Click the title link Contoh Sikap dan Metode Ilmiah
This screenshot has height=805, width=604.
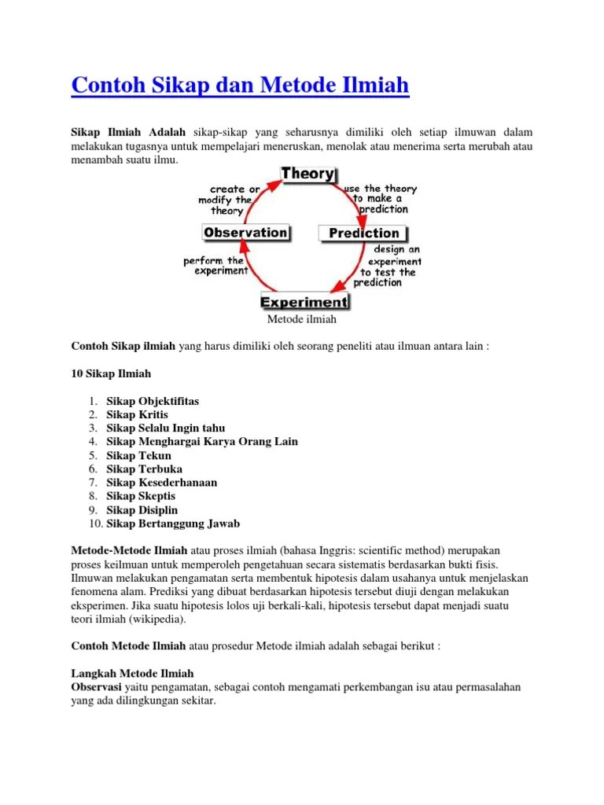[240, 84]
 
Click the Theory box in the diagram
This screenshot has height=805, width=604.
[308, 174]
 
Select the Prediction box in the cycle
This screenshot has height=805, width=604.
[363, 233]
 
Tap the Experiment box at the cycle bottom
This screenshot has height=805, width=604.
[304, 301]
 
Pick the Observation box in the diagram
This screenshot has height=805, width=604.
[245, 233]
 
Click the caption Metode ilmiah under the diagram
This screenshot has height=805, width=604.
[302, 319]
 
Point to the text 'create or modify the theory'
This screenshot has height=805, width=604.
[230, 200]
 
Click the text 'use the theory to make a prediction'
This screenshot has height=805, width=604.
[381, 199]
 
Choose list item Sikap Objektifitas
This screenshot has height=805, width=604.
[153, 401]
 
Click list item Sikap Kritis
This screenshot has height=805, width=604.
[137, 414]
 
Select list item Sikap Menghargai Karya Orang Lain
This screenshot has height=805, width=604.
[202, 442]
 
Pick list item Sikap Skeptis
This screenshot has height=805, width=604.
[141, 496]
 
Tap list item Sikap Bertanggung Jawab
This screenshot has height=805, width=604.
[173, 524]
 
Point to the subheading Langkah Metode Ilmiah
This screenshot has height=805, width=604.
[132, 674]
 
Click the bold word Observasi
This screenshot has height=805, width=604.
[96, 687]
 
